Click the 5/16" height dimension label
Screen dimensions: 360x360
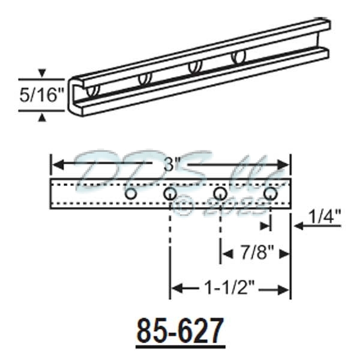(x=41, y=95)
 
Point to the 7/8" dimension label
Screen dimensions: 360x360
(x=255, y=254)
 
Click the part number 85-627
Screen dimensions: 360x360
(x=181, y=331)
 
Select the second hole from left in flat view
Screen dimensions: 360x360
(x=170, y=194)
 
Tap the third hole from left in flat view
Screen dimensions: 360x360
(x=220, y=194)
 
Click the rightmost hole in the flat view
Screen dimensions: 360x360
(x=270, y=194)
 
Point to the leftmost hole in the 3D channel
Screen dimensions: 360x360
(x=92, y=92)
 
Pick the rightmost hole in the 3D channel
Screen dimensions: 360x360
(x=238, y=58)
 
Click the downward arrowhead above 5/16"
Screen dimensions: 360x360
(x=41, y=74)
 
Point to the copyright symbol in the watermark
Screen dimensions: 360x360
(x=184, y=207)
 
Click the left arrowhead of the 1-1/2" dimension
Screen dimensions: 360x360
(x=175, y=290)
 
